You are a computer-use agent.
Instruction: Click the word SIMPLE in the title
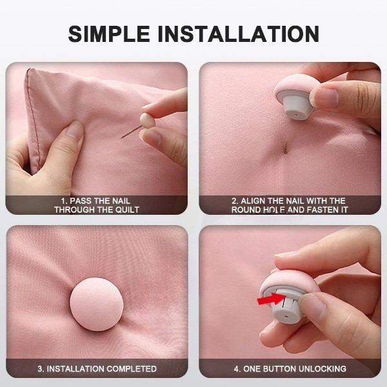click(x=109, y=34)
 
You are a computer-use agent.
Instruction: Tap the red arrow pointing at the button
click(x=271, y=299)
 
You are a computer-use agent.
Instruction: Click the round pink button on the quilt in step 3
click(x=97, y=304)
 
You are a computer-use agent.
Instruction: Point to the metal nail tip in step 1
click(x=123, y=137)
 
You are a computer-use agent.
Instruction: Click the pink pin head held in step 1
click(x=148, y=120)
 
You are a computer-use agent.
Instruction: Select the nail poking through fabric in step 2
click(x=286, y=148)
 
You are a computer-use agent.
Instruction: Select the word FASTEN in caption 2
click(x=319, y=210)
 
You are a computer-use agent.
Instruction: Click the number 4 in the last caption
click(x=236, y=369)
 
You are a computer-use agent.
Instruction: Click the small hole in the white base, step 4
click(x=286, y=316)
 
